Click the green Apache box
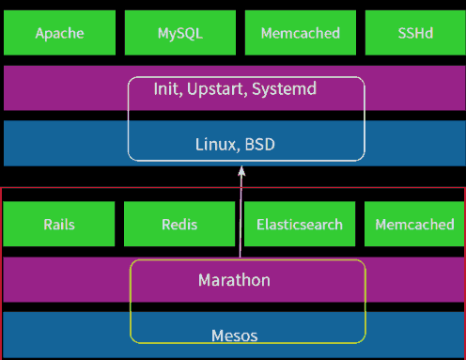click(x=59, y=33)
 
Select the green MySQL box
click(x=179, y=33)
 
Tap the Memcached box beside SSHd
click(x=300, y=33)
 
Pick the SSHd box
click(x=414, y=33)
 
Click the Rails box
click(x=59, y=225)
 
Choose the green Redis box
click(x=179, y=225)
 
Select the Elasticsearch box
click(x=300, y=225)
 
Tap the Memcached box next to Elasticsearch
click(x=414, y=225)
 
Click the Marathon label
click(x=234, y=280)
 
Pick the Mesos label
click(x=234, y=335)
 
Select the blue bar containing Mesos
click(x=66, y=335)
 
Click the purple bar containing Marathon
click(x=66, y=280)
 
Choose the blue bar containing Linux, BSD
click(x=66, y=143)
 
